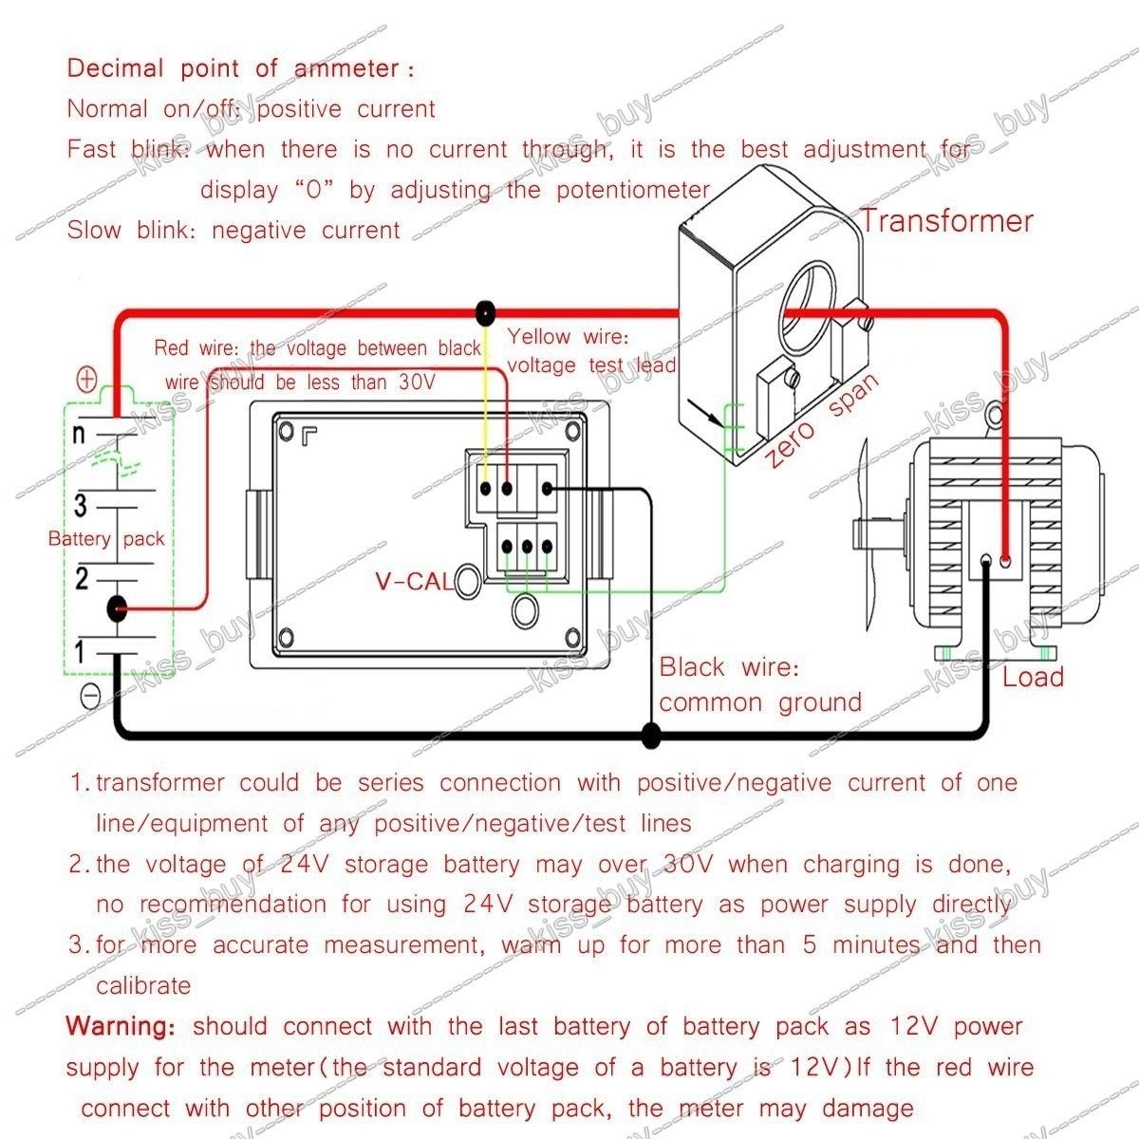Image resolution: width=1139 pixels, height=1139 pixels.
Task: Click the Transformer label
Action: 946,221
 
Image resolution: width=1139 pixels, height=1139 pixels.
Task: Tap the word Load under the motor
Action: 1033,677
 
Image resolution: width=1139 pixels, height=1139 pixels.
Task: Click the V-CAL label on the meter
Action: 414,581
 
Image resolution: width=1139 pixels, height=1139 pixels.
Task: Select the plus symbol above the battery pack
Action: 86,381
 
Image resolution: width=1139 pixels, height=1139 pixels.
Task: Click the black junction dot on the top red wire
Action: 486,311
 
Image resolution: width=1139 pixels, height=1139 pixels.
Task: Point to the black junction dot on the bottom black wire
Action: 650,734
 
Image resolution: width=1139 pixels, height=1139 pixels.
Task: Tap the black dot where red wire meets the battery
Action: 116,608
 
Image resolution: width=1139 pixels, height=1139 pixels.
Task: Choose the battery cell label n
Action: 81,434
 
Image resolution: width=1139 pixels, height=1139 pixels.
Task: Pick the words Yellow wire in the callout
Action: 567,337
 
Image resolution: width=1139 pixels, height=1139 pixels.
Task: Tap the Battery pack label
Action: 106,539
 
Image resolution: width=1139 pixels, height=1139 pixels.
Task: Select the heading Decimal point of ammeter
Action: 240,68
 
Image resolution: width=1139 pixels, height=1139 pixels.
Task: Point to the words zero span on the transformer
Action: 822,420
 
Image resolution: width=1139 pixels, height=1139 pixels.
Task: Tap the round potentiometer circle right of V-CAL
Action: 469,581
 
